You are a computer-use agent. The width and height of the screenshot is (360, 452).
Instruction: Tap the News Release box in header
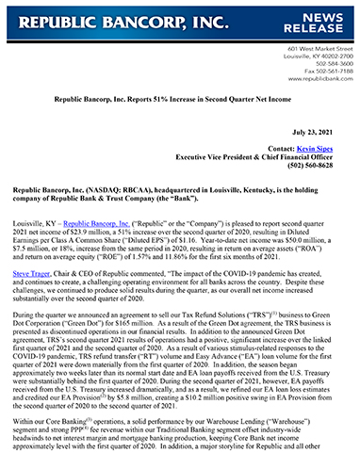tap(322, 21)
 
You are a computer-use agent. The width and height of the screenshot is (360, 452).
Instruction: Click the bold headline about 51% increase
tap(179, 97)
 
